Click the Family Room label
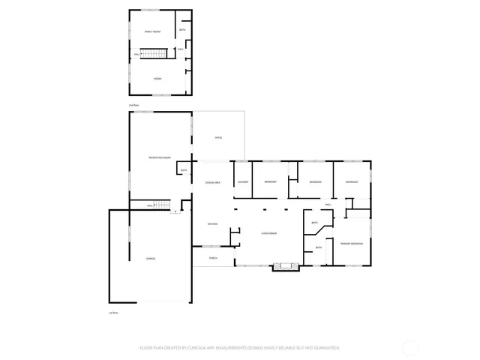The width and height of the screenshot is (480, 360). click(x=153, y=31)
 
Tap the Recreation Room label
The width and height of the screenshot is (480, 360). click(x=160, y=157)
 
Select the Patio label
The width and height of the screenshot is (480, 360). click(x=218, y=137)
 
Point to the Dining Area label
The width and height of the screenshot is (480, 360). click(x=213, y=182)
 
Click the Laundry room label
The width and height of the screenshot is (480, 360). click(x=242, y=182)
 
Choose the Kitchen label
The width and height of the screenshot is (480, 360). click(x=212, y=223)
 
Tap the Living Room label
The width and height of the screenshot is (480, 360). click(x=269, y=234)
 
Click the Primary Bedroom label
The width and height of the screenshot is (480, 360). click(x=351, y=244)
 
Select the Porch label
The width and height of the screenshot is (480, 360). click(x=213, y=258)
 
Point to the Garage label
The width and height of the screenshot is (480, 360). click(x=151, y=258)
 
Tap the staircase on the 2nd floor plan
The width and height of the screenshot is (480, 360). click(x=154, y=53)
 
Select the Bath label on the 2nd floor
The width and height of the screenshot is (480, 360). click(x=182, y=30)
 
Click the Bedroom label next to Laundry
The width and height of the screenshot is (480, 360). click(x=270, y=182)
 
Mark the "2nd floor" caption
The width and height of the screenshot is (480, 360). click(x=134, y=105)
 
